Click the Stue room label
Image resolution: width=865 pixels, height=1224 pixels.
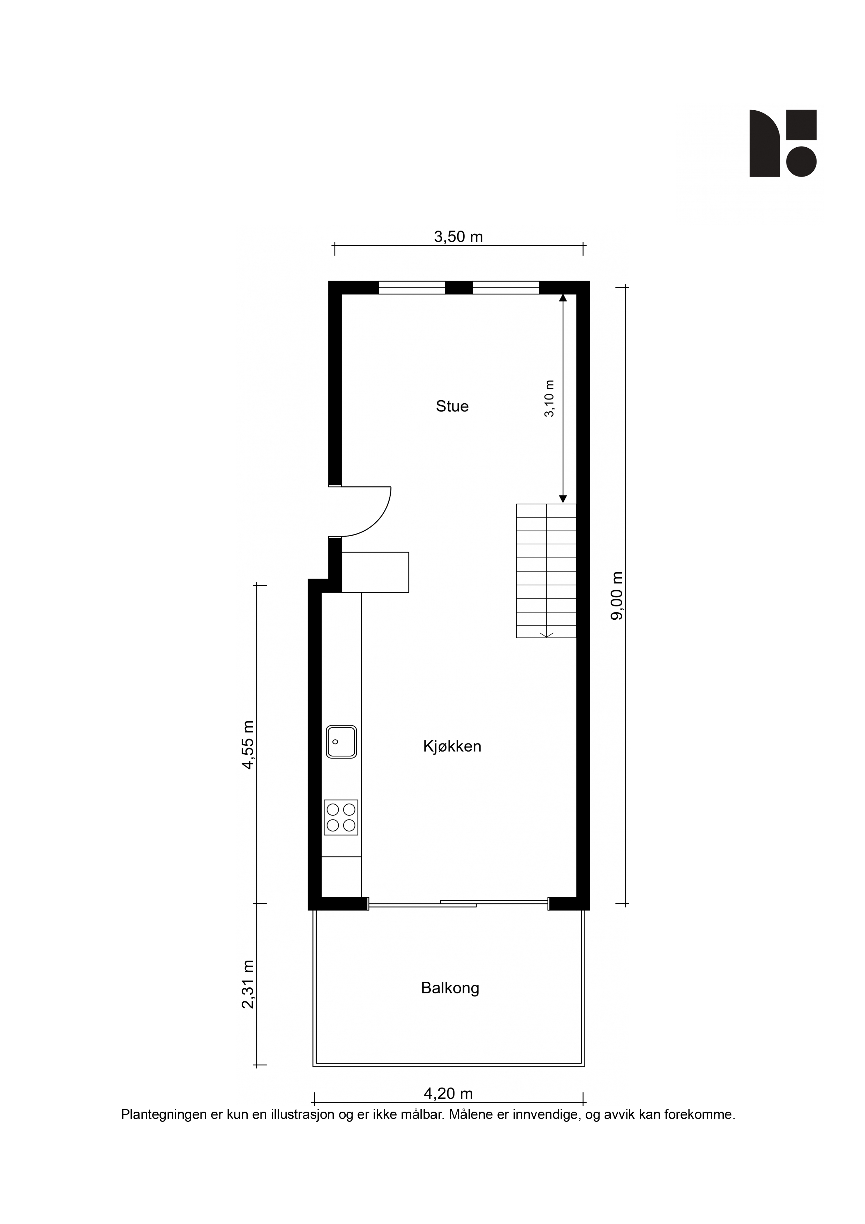pos(452,406)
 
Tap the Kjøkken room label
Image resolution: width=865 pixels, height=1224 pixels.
pos(452,746)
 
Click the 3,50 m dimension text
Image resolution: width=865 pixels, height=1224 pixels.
pos(458,236)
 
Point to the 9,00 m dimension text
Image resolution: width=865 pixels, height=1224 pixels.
pos(617,596)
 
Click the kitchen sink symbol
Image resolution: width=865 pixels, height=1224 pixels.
pos(341,741)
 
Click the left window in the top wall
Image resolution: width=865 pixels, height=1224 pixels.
pos(412,288)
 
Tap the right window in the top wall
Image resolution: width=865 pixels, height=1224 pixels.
pos(506,288)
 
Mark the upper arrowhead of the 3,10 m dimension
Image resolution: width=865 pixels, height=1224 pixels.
pos(563,298)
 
